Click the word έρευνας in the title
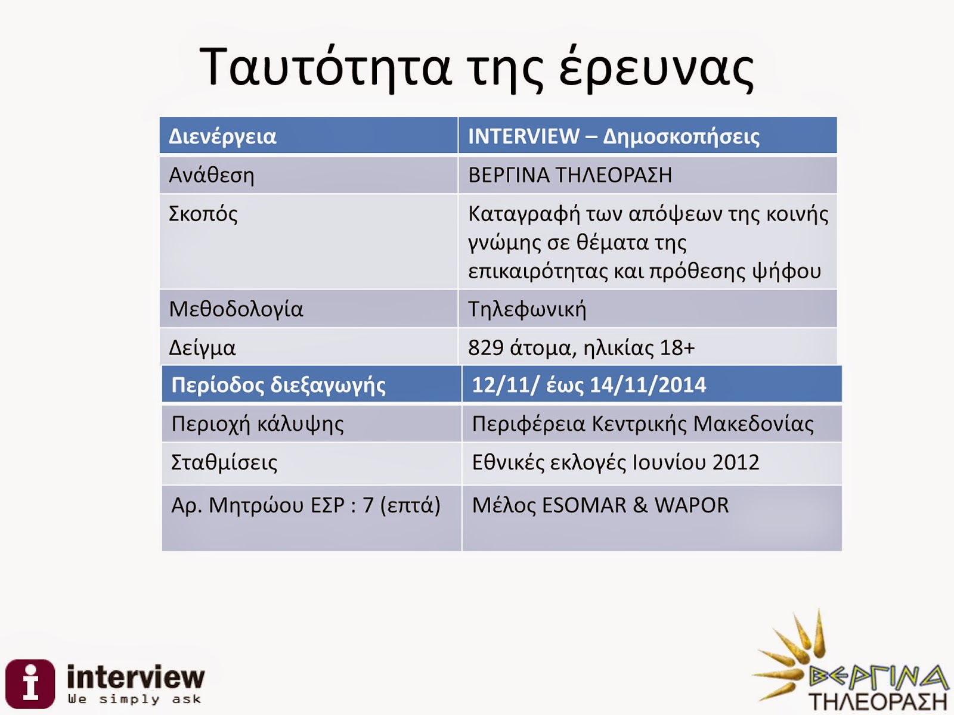[656, 69]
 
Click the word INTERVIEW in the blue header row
[524, 136]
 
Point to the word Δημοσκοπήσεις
[681, 137]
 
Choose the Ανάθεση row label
[211, 175]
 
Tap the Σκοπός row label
[203, 214]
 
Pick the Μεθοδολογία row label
[236, 309]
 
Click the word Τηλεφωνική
[527, 309]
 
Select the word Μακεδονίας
[753, 424]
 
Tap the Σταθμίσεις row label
[224, 462]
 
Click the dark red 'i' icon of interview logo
[30, 684]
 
